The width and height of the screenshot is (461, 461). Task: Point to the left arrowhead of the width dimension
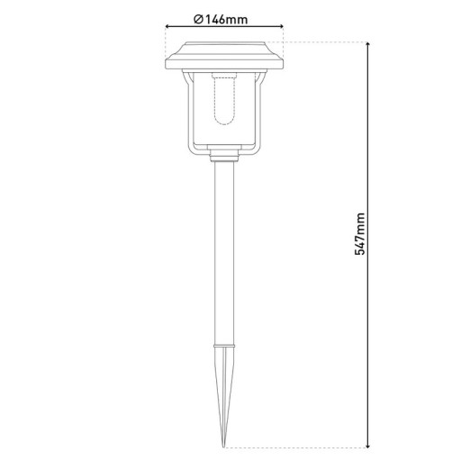[168, 29]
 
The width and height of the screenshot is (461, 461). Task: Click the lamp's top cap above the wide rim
[224, 46]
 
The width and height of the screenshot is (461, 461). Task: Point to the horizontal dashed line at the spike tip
[297, 445]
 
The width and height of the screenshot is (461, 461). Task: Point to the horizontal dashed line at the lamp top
[324, 41]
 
